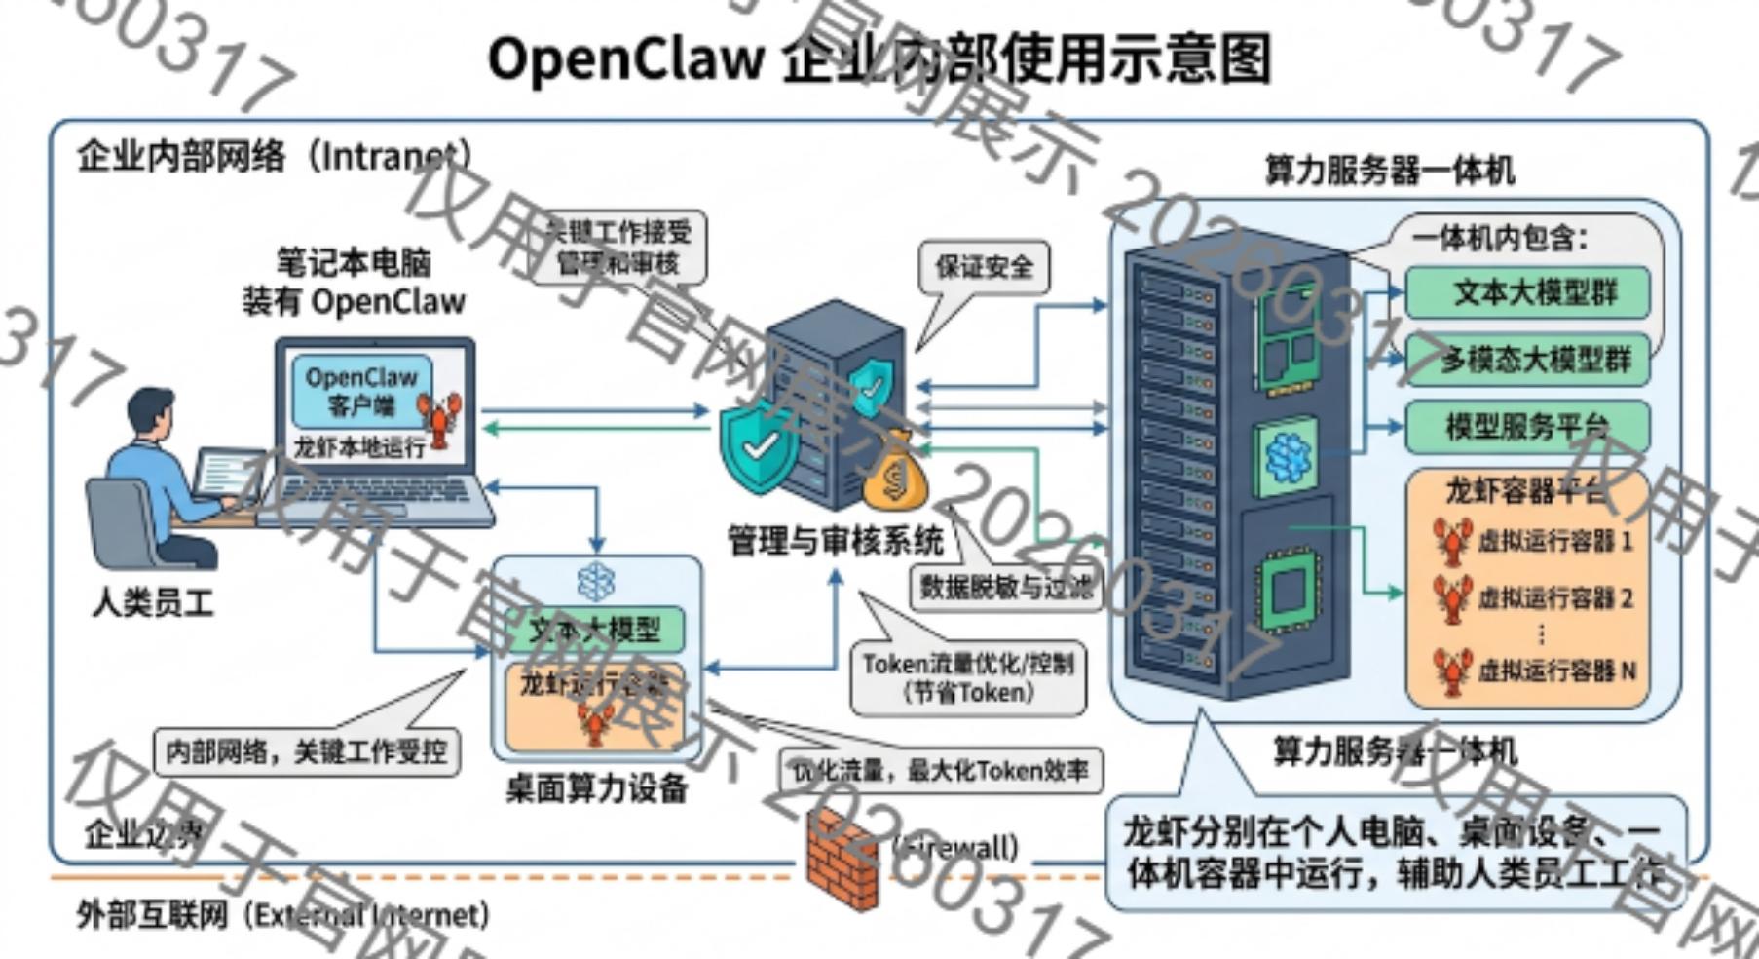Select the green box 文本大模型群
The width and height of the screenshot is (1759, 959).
pos(1527,292)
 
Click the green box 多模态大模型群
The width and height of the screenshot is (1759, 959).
pos(1527,360)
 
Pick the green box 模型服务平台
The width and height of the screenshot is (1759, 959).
pos(1527,426)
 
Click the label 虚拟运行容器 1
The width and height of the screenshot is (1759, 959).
pos(1554,541)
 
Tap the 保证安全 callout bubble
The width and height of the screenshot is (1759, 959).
pos(984,267)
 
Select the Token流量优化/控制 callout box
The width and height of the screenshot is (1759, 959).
pos(967,677)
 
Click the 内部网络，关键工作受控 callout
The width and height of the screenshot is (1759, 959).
pos(306,751)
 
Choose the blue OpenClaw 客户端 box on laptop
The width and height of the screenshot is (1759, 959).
pos(360,391)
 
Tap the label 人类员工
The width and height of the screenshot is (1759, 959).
pos(152,601)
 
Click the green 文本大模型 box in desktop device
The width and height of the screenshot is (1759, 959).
pos(594,630)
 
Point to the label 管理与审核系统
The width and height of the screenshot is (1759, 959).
pos(835,540)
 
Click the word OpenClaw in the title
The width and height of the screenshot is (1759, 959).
pos(625,58)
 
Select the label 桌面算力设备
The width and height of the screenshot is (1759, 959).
pos(596,787)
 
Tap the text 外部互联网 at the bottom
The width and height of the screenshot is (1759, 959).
pos(152,914)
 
